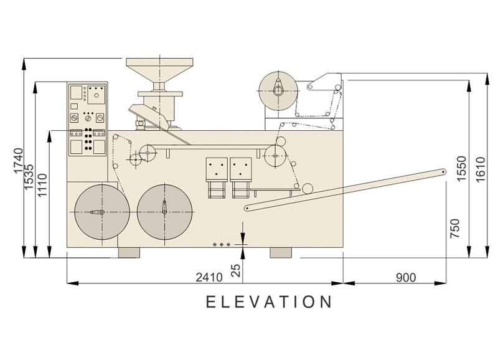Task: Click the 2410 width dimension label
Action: click(x=209, y=277)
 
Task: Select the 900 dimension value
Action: click(x=406, y=277)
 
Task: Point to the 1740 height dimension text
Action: click(x=19, y=161)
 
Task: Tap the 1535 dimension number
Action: click(x=29, y=178)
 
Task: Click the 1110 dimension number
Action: click(x=42, y=185)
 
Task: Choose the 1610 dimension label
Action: click(x=481, y=169)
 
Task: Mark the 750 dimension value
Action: click(x=455, y=228)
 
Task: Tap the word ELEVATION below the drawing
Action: click(x=269, y=301)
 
